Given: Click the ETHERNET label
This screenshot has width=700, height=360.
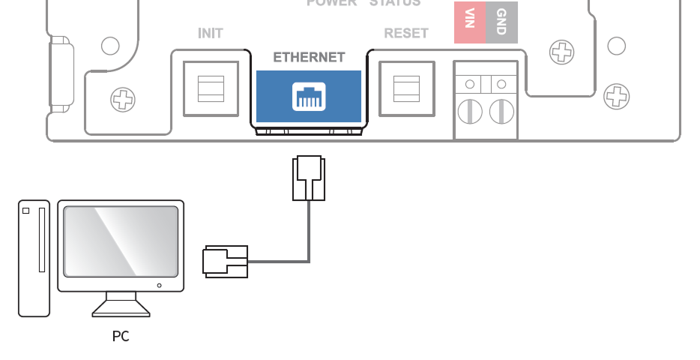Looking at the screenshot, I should (x=309, y=57).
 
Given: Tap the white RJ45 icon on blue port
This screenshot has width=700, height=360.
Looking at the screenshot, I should (x=308, y=97).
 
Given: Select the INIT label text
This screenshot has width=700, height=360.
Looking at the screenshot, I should (x=210, y=34).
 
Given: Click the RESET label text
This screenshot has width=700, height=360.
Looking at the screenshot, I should (x=405, y=34).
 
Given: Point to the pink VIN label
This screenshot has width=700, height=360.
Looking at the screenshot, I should (x=470, y=22).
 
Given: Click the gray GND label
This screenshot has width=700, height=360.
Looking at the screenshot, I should (x=501, y=22).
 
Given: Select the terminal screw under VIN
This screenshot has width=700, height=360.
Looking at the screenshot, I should (x=470, y=112).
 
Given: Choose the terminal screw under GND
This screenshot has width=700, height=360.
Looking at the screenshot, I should (x=501, y=112).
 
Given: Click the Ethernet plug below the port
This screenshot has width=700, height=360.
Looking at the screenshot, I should (x=308, y=178).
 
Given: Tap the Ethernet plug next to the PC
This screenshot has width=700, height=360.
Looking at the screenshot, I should (x=225, y=262).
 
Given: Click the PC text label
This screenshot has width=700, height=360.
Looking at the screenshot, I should (x=121, y=337).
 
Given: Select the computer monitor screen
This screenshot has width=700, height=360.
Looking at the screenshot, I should (x=121, y=240).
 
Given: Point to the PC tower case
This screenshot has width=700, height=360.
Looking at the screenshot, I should (x=34, y=258).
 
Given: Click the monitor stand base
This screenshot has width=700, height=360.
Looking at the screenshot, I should (x=121, y=307).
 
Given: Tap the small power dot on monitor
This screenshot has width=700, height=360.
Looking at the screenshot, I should (x=159, y=285).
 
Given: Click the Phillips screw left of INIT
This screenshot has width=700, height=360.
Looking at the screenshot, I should (x=122, y=99).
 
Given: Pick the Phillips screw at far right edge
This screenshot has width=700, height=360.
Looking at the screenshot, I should (x=616, y=96).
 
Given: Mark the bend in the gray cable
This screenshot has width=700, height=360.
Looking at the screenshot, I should (x=308, y=261).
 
